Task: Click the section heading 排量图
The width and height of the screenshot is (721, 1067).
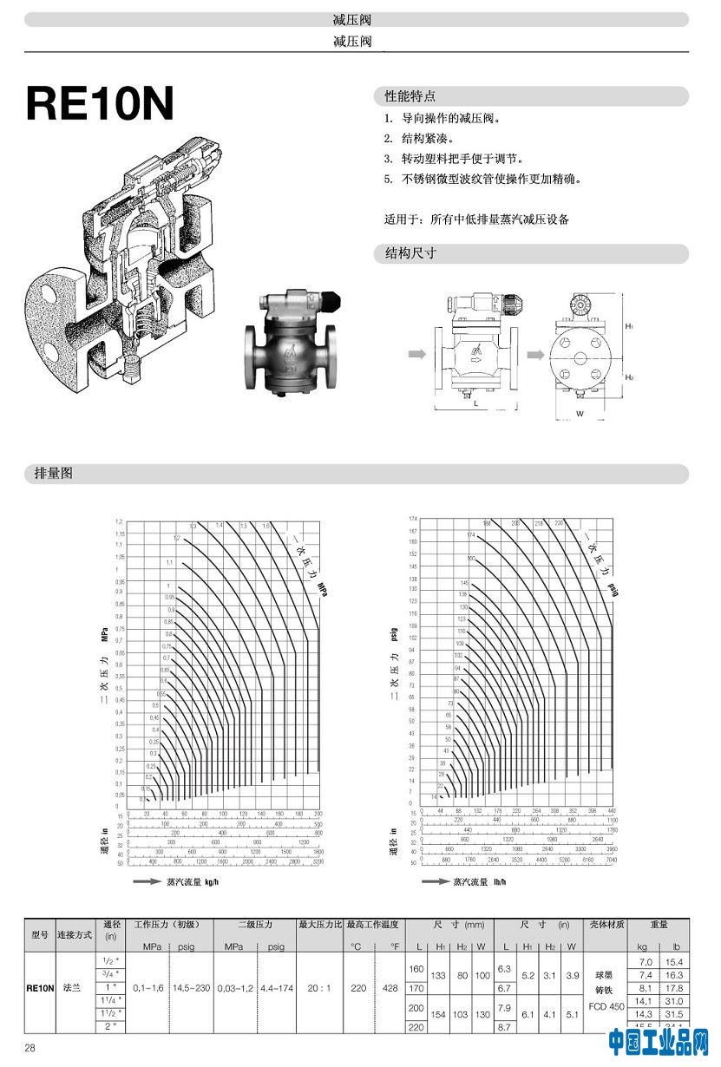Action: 53,474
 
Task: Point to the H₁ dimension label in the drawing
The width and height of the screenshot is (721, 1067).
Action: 628,326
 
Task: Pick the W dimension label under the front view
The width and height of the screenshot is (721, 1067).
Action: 580,414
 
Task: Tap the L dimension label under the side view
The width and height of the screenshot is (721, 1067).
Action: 475,403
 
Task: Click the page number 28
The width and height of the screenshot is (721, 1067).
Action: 30,1048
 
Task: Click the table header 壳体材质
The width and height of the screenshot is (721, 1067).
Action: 606,925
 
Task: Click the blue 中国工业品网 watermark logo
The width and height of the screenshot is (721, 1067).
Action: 659,1041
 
